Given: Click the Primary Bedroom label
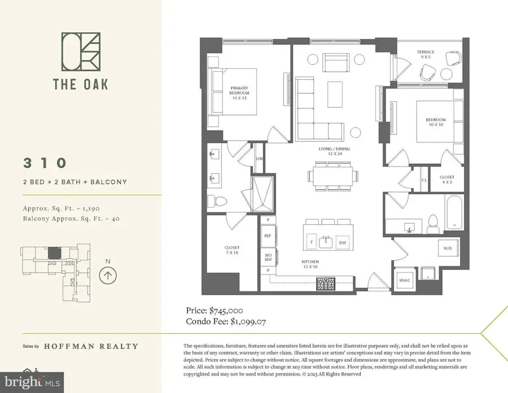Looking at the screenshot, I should tap(239, 95).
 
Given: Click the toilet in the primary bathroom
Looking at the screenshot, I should tap(216, 201).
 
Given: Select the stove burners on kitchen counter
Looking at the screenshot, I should tap(326, 283).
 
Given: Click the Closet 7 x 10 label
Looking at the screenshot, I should tap(232, 250).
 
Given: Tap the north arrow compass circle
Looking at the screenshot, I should tap(108, 275).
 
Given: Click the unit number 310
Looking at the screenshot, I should tap(45, 163).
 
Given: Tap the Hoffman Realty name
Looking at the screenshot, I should tap(95, 346).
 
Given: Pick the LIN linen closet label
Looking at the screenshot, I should tap(260, 159).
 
